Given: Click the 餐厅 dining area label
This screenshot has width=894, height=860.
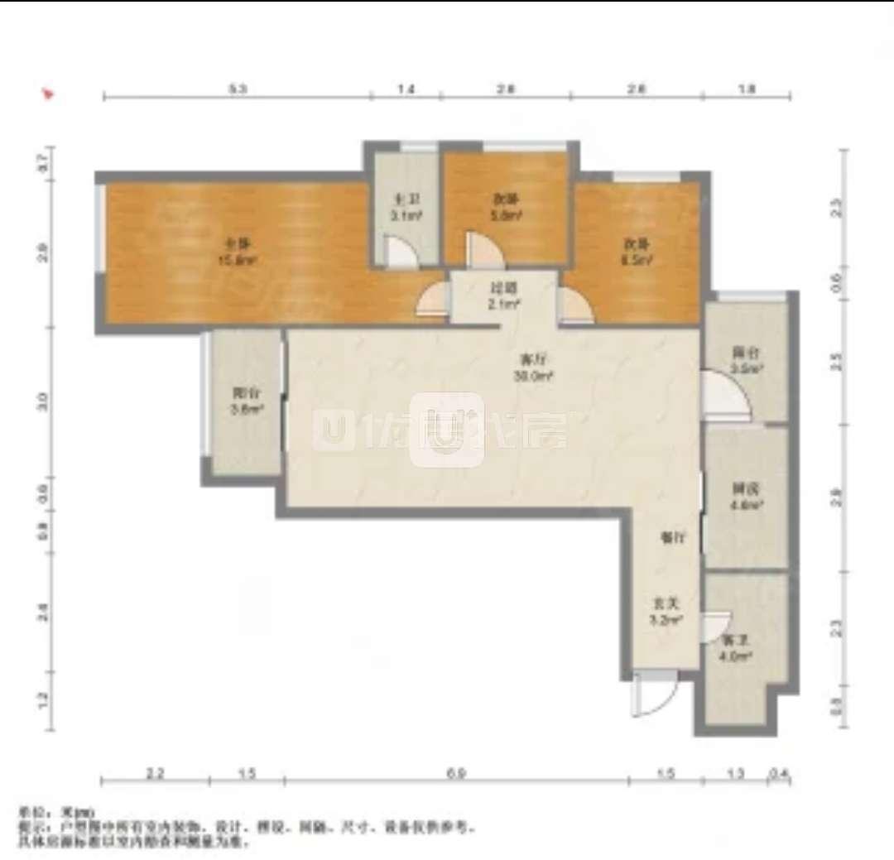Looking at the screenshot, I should [671, 537].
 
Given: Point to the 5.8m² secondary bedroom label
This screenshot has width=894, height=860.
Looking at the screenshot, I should [507, 207].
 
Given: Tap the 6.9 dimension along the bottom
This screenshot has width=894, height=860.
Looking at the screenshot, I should [455, 773].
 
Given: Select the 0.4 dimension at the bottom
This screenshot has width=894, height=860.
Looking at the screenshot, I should [778, 773].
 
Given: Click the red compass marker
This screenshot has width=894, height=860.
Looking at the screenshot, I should [49, 94].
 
